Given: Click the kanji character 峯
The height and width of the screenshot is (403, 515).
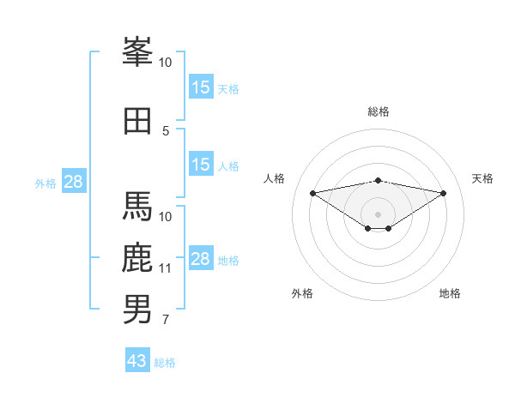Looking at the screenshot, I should point(137,54).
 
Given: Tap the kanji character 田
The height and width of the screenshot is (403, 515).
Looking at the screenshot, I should point(137,121).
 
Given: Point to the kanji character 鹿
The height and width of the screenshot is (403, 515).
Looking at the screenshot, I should point(137,258).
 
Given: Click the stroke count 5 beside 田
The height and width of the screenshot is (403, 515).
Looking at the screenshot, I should point(166,131).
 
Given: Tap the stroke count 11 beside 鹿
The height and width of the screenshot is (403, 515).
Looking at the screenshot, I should point(166,268).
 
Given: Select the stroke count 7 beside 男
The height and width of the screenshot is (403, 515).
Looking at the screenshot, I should point(166,321).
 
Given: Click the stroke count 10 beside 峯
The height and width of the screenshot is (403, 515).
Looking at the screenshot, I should point(166,63).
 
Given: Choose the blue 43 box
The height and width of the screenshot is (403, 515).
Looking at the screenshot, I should point(137,361).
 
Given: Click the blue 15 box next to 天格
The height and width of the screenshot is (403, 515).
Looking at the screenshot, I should point(201,87).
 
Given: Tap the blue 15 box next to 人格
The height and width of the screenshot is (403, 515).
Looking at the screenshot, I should point(201,165).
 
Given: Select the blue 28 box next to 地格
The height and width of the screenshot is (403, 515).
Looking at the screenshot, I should point(201,259).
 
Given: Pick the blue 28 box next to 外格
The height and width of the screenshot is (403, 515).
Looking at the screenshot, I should point(73,182).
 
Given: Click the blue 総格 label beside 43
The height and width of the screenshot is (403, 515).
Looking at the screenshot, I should point(165,363).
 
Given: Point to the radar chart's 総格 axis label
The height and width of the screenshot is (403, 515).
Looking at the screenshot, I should point(378,111).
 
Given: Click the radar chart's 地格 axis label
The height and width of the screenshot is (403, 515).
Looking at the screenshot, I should point(450,294).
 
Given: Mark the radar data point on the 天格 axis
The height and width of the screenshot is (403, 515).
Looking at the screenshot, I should point(443,193).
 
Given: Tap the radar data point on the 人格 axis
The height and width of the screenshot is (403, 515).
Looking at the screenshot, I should point(312,192).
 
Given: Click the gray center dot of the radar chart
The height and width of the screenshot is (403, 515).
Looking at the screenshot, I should point(378,214).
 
